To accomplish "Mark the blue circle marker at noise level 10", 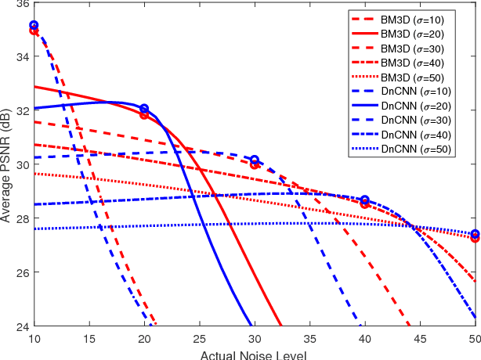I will [34, 26].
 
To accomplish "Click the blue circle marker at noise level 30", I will [255, 160].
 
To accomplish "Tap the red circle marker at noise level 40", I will [364, 203].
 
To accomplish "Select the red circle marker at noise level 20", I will [144, 115].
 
